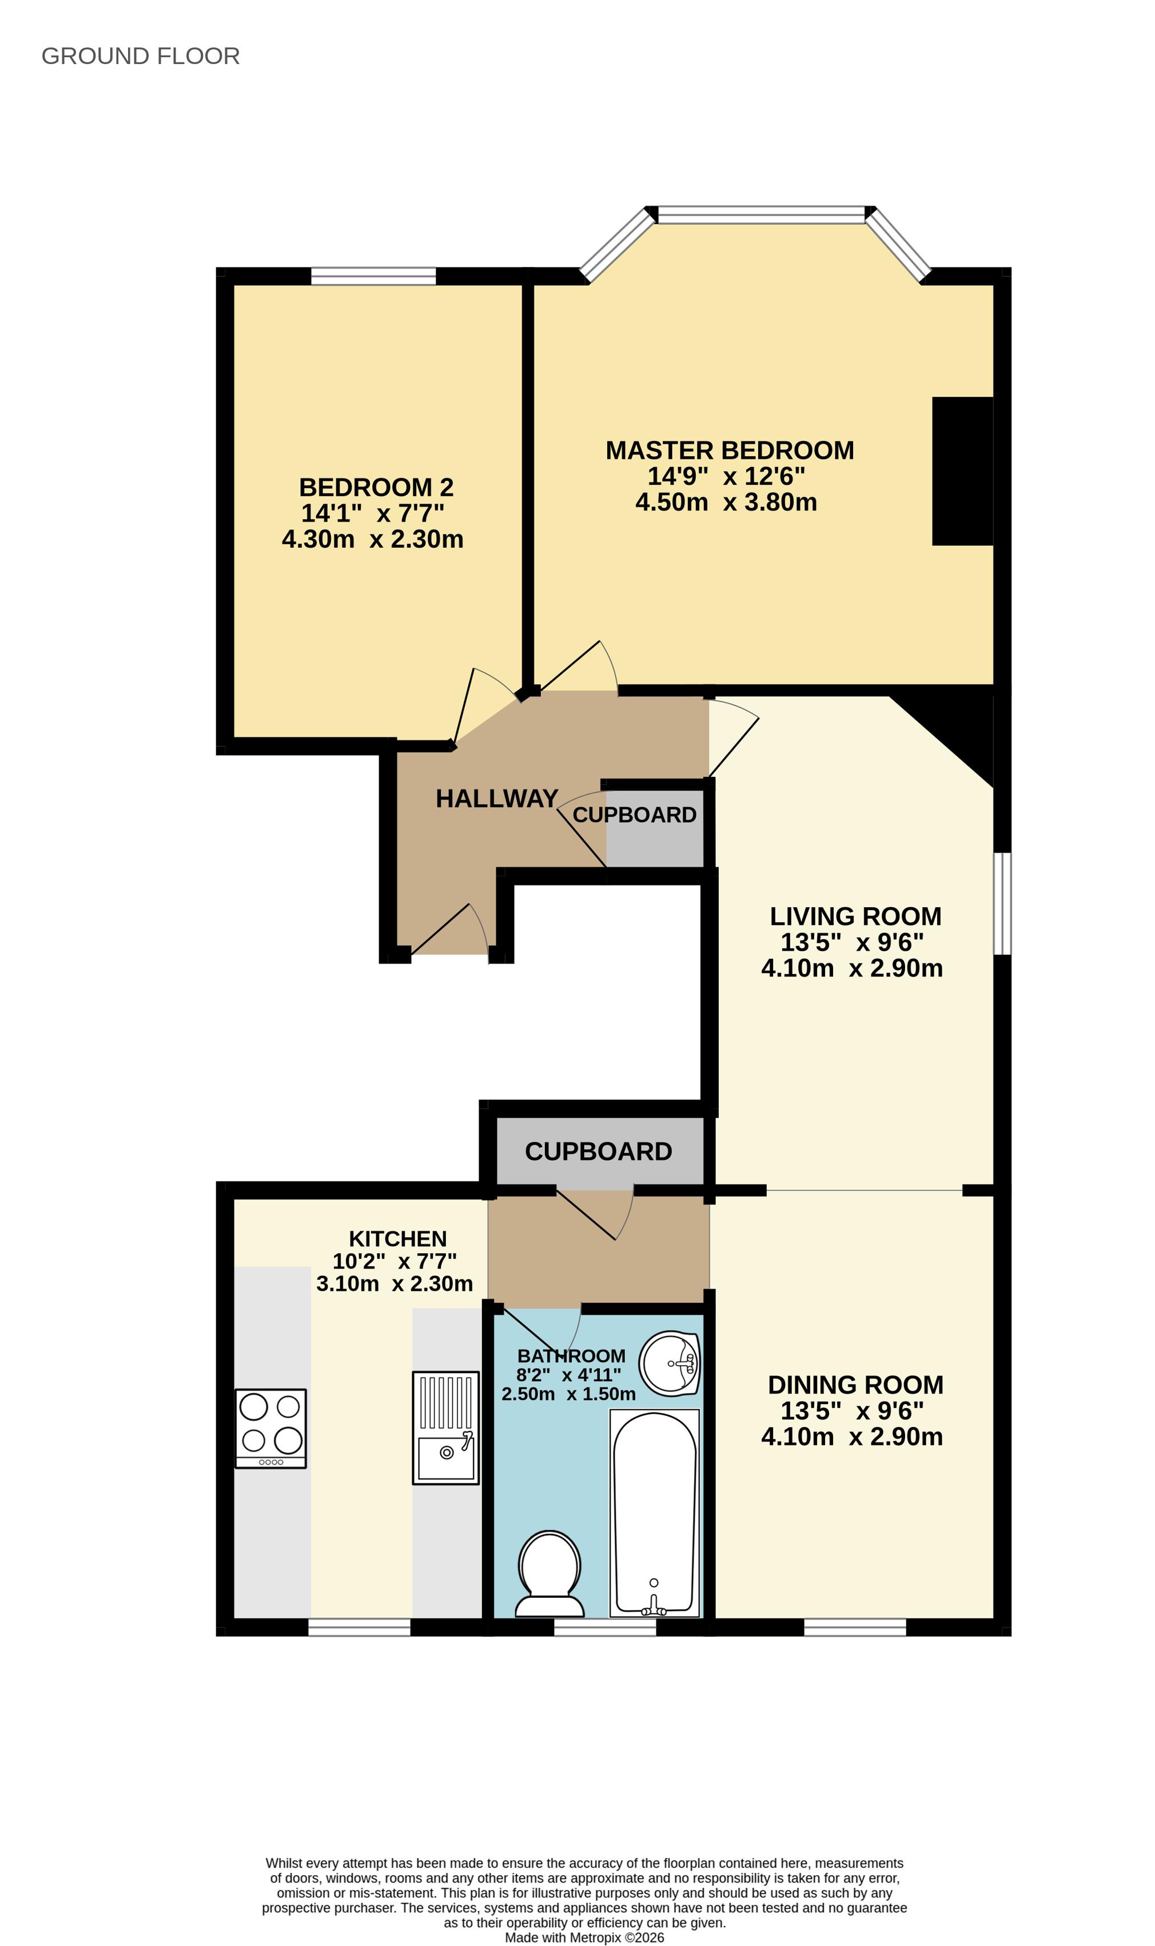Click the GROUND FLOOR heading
[140, 56]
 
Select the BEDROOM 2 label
[376, 487]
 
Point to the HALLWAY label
[496, 798]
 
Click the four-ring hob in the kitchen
[271, 1429]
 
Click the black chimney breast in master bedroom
[963, 470]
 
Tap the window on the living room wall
[1002, 903]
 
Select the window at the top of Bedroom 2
[373, 276]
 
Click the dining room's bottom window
[855, 1627]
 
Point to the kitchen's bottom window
[360, 1627]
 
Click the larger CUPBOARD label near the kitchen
[599, 1151]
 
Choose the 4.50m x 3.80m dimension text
[726, 502]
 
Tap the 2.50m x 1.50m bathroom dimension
[568, 1394]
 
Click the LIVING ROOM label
[855, 916]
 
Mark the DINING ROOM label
[855, 1385]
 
